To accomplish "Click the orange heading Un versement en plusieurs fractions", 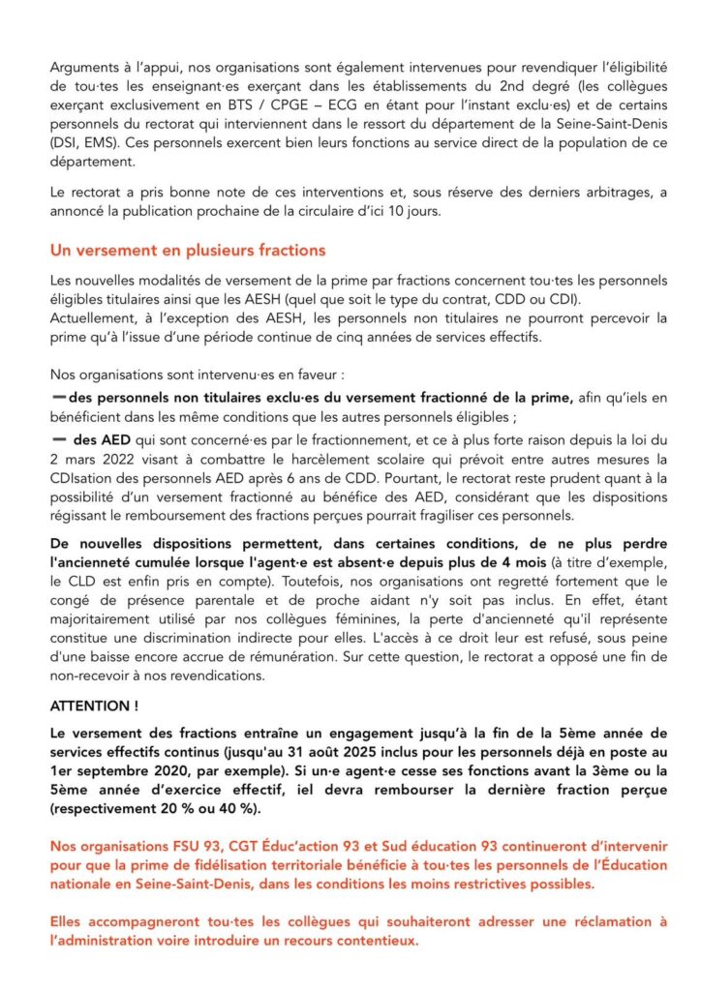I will coord(188,251).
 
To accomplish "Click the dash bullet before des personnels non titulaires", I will coord(59,398).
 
